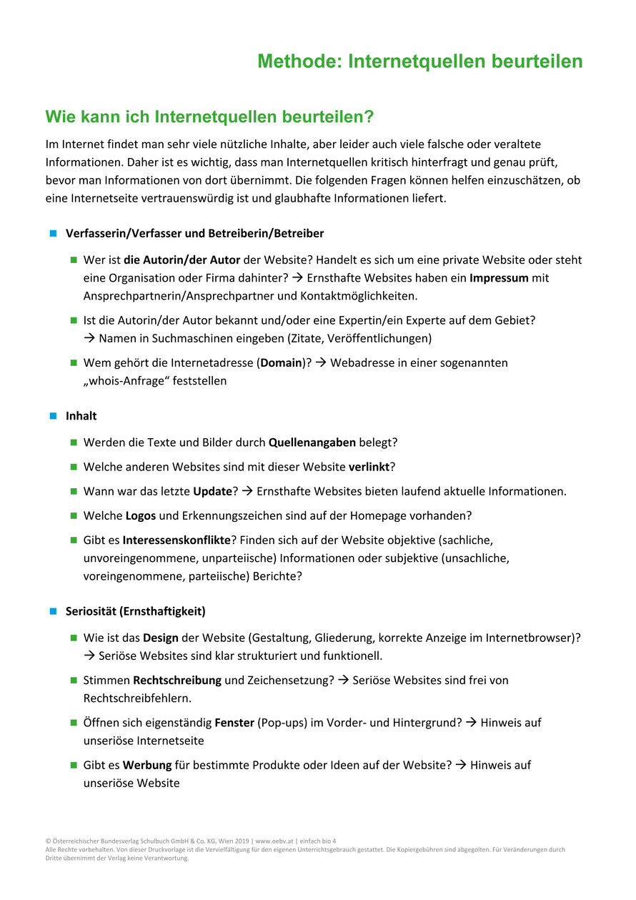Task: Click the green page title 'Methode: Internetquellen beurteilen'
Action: [419, 61]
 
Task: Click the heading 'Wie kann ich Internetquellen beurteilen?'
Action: [209, 116]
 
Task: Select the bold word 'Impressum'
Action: [499, 277]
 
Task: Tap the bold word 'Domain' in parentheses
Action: [281, 362]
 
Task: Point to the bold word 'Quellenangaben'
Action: [312, 442]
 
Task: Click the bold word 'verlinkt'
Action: [369, 467]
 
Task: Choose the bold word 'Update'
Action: [212, 491]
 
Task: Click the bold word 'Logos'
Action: [140, 515]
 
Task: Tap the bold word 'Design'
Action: [160, 637]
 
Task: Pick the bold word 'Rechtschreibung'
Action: [177, 680]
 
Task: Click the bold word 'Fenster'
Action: [234, 723]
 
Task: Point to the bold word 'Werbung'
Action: [147, 765]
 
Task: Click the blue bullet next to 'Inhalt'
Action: [52, 415]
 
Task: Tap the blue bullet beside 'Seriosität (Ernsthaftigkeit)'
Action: [52, 611]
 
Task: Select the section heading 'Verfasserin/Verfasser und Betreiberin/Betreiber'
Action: [194, 233]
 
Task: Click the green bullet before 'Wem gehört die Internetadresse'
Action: [73, 362]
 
